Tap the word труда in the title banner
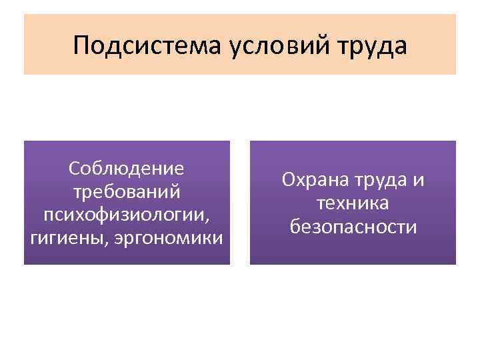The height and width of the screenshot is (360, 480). (x=373, y=46)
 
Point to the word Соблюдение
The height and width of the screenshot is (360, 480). (x=127, y=168)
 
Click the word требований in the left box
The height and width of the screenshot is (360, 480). (x=127, y=192)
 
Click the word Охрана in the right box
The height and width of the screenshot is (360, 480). (x=312, y=180)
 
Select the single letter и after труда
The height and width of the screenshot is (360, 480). (x=419, y=181)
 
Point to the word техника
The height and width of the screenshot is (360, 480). (x=353, y=203)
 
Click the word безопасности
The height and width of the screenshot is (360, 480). (x=353, y=227)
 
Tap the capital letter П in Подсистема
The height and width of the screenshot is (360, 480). (x=82, y=45)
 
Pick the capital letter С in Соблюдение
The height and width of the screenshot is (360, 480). (x=74, y=168)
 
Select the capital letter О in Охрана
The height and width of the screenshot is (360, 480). (x=288, y=180)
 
